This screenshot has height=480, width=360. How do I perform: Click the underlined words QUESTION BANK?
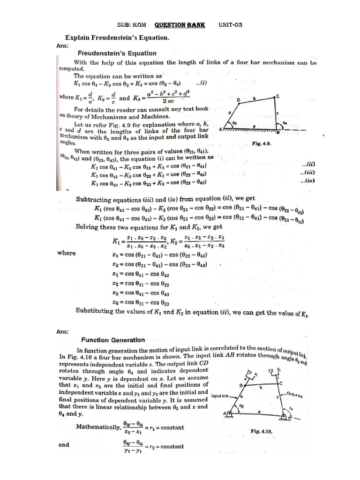(180, 24)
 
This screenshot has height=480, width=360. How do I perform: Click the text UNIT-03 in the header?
(230, 24)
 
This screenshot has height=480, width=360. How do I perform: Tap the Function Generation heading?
(113, 340)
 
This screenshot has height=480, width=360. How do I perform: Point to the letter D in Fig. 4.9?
(238, 100)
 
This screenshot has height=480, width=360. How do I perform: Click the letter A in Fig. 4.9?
(220, 130)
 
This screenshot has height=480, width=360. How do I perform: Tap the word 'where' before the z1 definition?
(67, 253)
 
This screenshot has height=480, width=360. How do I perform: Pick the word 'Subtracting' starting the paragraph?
(93, 199)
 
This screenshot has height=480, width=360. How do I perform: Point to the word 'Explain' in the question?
(78, 37)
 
